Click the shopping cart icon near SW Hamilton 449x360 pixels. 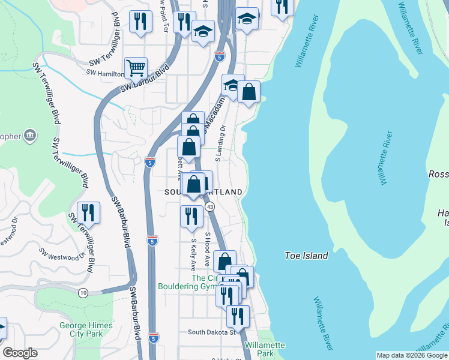click(x=136, y=68)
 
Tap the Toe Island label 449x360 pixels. click(x=306, y=256)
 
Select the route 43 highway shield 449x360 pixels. click(x=210, y=206)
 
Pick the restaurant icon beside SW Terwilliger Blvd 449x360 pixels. click(x=88, y=213)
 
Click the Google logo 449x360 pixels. click(x=20, y=353)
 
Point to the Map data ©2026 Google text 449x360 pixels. click(x=412, y=355)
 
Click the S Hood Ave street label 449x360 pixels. click(x=207, y=250)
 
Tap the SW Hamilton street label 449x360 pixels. click(x=105, y=73)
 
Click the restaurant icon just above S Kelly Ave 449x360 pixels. click(x=191, y=216)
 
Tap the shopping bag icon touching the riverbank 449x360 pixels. click(x=249, y=92)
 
